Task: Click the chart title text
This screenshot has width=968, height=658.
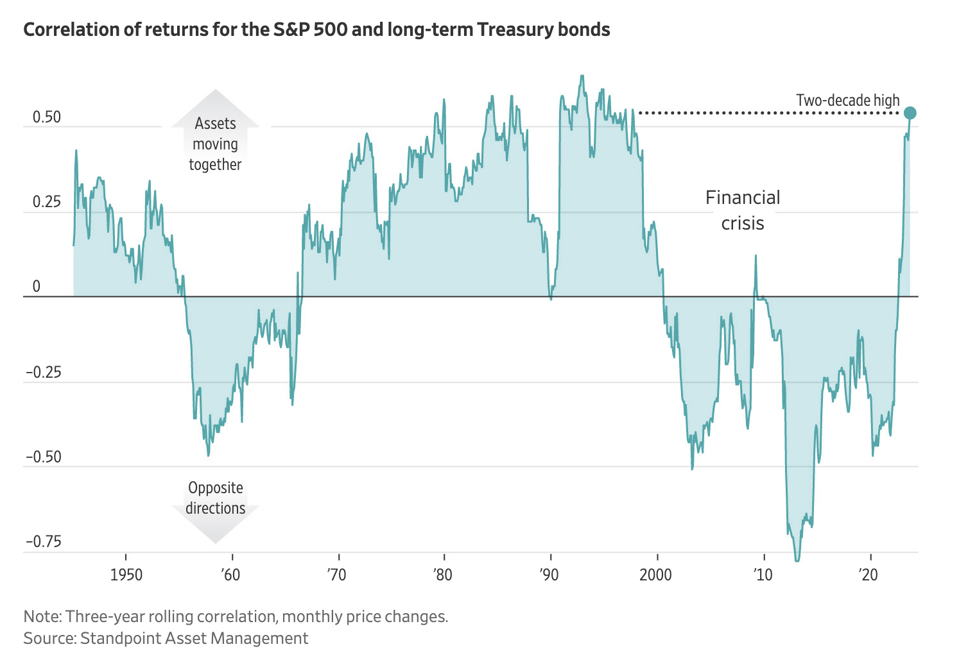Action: tap(316, 30)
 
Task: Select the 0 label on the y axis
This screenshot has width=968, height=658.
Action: tap(37, 287)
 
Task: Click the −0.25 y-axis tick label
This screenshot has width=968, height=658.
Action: tap(43, 372)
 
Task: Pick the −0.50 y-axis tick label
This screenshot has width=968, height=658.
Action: tap(43, 457)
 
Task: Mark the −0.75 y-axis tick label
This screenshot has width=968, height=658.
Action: tap(43, 541)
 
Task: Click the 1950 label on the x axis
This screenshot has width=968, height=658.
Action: tap(126, 574)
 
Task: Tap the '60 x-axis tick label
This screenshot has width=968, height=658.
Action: tap(230, 574)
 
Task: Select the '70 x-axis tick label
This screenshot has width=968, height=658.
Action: tap(336, 574)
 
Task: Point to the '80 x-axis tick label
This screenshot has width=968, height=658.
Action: tap(442, 574)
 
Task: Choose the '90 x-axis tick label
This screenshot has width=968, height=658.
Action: tap(549, 574)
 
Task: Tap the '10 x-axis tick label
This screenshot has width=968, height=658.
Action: tap(762, 574)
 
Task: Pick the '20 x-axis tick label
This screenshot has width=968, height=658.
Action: tap(869, 574)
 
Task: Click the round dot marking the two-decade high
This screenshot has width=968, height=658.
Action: tap(910, 113)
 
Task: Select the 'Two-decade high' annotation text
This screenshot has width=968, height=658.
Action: tap(847, 101)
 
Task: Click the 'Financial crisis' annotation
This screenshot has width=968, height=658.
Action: tap(743, 210)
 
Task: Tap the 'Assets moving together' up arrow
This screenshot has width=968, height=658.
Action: tap(216, 135)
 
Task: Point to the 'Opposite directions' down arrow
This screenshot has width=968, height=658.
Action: tap(216, 507)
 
